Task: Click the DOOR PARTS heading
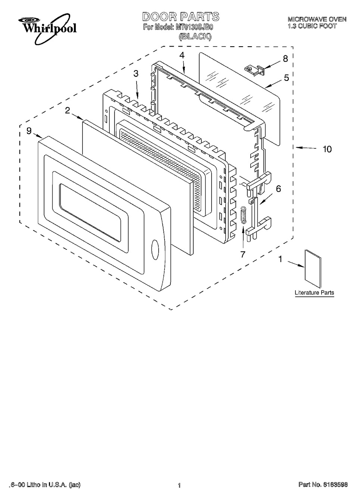point(175,17)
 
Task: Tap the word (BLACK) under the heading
point(195,37)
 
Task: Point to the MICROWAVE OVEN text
point(317,19)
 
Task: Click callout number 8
point(285,59)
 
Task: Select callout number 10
point(327,149)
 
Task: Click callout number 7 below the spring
point(243,255)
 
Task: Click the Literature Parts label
point(314,293)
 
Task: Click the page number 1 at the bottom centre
point(179,485)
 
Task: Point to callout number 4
point(182,55)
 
